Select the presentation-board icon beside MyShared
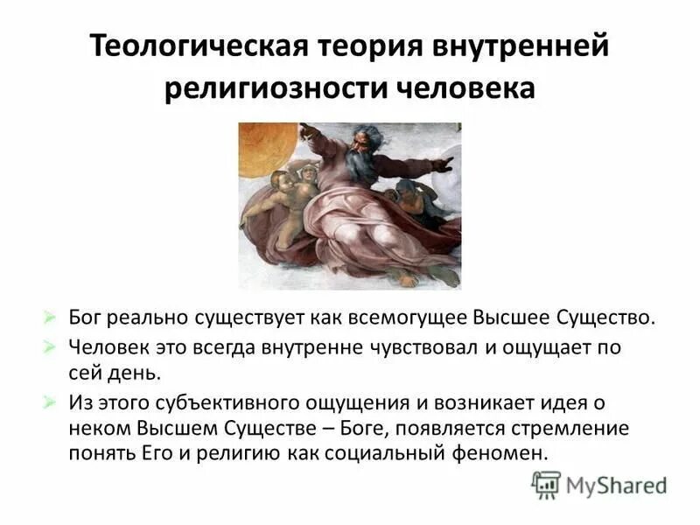(x=546, y=485)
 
